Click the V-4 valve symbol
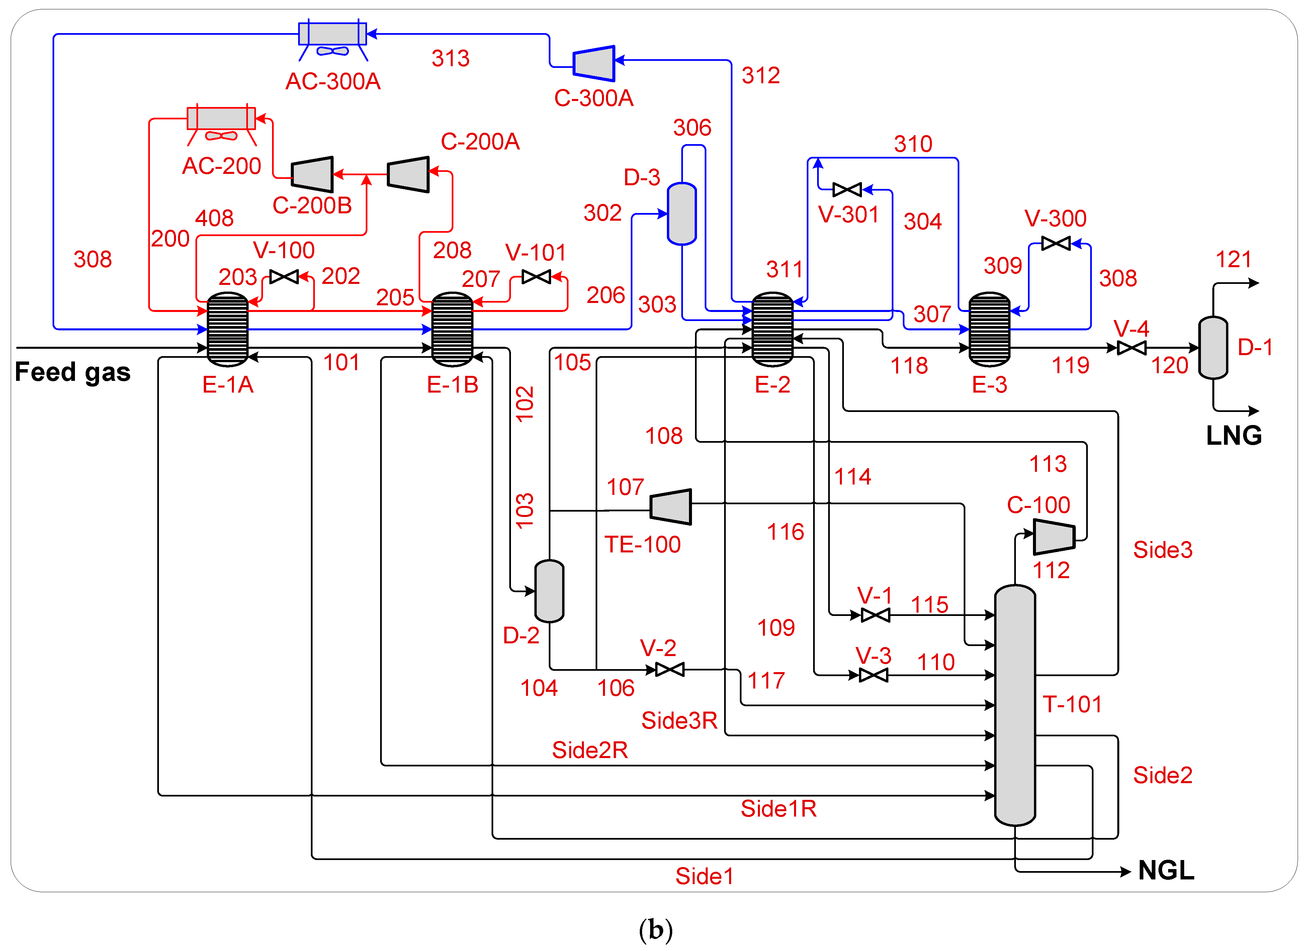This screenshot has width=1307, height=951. pos(1131,348)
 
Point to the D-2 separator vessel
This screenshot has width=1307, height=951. pos(549,591)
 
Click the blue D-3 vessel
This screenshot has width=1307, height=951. pos(682,214)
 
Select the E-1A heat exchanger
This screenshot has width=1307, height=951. pos(228,329)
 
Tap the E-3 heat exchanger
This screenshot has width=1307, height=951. pos(989,329)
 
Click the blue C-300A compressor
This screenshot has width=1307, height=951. pos(594,63)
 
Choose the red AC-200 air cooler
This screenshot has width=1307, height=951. pos(221,119)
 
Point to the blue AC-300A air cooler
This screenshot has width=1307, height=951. pos(333,34)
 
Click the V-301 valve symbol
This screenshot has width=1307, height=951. pos(847,190)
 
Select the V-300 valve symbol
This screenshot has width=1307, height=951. pos(1056,244)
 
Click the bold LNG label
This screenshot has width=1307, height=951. pos(1234,435)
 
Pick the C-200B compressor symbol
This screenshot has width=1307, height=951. pos(312,174)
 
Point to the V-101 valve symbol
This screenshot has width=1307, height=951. pos(536,277)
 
